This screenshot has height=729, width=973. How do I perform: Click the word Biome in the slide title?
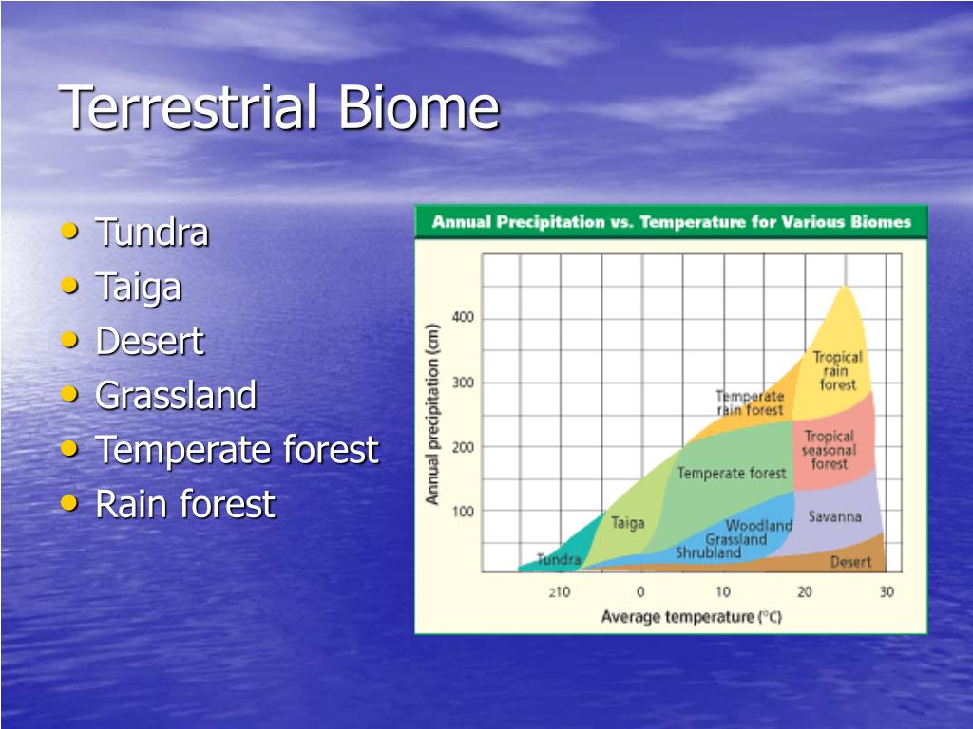(x=419, y=107)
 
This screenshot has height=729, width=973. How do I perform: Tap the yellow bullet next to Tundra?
(x=69, y=232)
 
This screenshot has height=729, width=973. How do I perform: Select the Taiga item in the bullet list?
(x=139, y=288)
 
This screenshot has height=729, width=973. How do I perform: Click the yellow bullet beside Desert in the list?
(x=69, y=340)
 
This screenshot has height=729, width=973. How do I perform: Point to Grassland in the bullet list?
(x=176, y=396)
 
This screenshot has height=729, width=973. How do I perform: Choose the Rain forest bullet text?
(x=185, y=503)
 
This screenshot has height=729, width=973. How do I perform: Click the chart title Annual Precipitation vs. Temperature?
(x=672, y=222)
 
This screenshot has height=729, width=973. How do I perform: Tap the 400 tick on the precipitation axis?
(x=463, y=317)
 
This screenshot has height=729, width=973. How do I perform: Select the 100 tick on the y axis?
(x=463, y=512)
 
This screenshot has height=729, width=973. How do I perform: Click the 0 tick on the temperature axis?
(x=641, y=592)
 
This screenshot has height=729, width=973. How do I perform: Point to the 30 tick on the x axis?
(x=887, y=592)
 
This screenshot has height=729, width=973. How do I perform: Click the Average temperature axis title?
(x=692, y=617)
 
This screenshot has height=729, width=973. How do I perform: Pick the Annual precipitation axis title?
(x=432, y=414)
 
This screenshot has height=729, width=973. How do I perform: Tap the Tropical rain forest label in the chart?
(x=838, y=371)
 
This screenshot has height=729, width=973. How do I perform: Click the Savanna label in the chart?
(x=834, y=516)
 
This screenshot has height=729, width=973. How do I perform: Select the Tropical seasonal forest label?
(x=829, y=450)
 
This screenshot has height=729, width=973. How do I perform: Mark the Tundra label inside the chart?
(x=559, y=559)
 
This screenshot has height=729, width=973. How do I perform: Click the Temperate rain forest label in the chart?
(x=750, y=402)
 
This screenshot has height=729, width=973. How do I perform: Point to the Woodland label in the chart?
(x=759, y=526)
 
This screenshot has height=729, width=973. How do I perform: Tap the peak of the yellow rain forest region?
(x=844, y=286)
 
